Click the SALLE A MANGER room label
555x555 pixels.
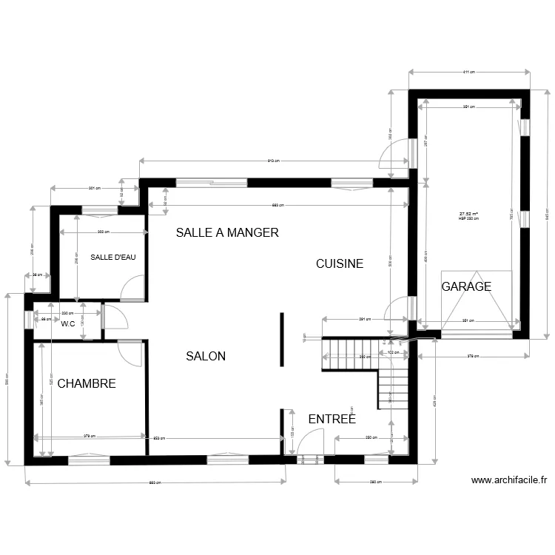click(226, 232)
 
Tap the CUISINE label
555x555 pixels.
click(340, 263)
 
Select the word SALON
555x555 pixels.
click(206, 356)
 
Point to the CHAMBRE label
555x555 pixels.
click(87, 383)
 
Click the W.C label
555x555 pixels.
click(68, 323)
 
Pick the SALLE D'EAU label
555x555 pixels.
click(112, 258)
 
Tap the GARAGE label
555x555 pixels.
click(466, 286)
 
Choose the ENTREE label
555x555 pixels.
click(332, 419)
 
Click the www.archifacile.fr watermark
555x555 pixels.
click(508, 480)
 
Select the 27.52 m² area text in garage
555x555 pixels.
click(469, 214)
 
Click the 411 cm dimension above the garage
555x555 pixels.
click(469, 73)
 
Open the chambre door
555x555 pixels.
click(131, 353)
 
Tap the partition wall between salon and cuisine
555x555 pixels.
click(280, 340)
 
